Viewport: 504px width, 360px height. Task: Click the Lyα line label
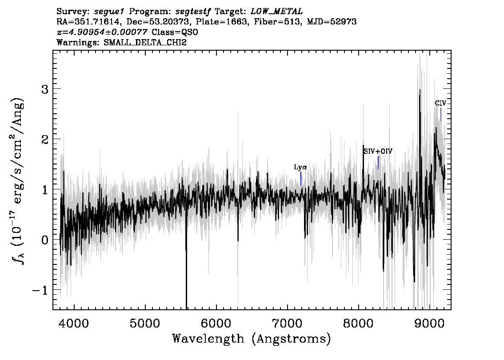(x=300, y=167)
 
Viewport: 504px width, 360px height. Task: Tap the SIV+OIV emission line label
(x=378, y=152)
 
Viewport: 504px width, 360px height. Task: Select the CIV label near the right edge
(x=441, y=103)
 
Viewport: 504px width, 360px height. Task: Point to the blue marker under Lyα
(x=301, y=179)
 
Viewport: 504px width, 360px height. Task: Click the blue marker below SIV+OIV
(x=378, y=163)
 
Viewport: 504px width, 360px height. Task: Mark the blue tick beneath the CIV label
(x=441, y=115)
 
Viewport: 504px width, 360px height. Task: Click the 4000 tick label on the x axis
(x=74, y=323)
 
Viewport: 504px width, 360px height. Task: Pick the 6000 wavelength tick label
(x=216, y=323)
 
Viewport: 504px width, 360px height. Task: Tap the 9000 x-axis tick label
(x=429, y=323)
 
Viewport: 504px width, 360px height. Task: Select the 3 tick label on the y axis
(x=45, y=89)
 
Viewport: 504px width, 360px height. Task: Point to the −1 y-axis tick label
(x=40, y=290)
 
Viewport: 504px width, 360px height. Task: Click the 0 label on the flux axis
(x=45, y=240)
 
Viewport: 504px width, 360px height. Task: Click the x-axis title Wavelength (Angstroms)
(x=252, y=339)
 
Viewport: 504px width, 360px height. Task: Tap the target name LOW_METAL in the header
(x=276, y=12)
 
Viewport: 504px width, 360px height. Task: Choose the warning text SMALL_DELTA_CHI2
(x=145, y=42)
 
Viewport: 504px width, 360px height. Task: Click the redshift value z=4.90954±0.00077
(x=102, y=32)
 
